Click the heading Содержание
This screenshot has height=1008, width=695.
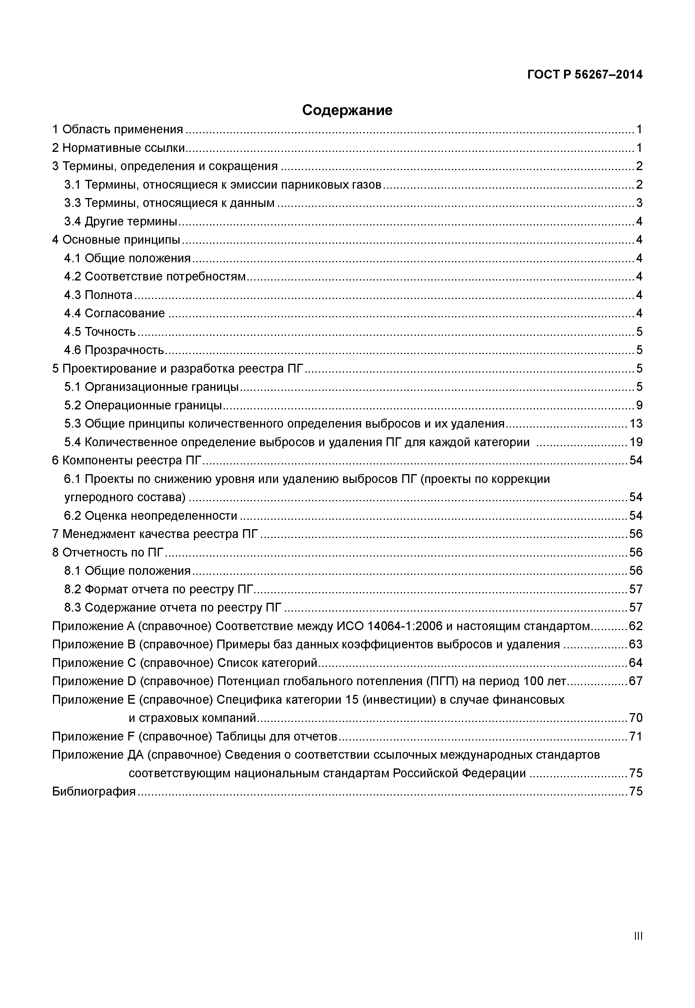coord(347,110)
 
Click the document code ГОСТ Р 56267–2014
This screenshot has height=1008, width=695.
coord(584,75)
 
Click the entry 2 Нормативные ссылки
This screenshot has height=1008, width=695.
coord(119,148)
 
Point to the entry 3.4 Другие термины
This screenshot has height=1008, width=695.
coord(121,222)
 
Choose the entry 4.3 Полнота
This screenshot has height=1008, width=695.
coord(98,295)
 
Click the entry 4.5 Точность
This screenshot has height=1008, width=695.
coord(100,332)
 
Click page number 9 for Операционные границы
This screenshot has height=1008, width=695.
coord(639,406)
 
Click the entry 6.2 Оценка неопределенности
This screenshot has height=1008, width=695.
coord(151,516)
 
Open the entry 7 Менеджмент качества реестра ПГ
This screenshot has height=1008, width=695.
coord(155,534)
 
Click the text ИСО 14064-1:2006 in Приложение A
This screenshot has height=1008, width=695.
coord(389,626)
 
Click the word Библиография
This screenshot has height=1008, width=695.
coord(94,791)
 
